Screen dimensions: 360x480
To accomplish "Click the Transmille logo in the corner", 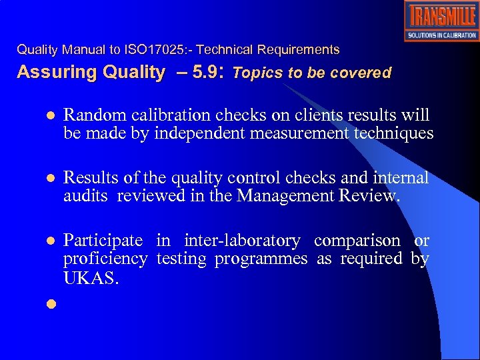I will coord(441,21).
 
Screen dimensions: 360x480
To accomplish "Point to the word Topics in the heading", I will coord(259,73).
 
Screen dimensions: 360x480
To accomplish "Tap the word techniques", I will coord(396,133).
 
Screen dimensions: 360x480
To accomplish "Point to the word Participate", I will coord(103,240).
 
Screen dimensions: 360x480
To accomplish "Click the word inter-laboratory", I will coord(242,240).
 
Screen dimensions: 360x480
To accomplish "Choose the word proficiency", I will coord(105,258).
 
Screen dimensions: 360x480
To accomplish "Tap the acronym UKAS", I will coord(91,277).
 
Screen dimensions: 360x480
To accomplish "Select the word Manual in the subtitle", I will coord(83,50).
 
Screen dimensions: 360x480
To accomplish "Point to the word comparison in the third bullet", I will coord(357,240).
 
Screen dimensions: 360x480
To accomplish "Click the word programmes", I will coord(261,258).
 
